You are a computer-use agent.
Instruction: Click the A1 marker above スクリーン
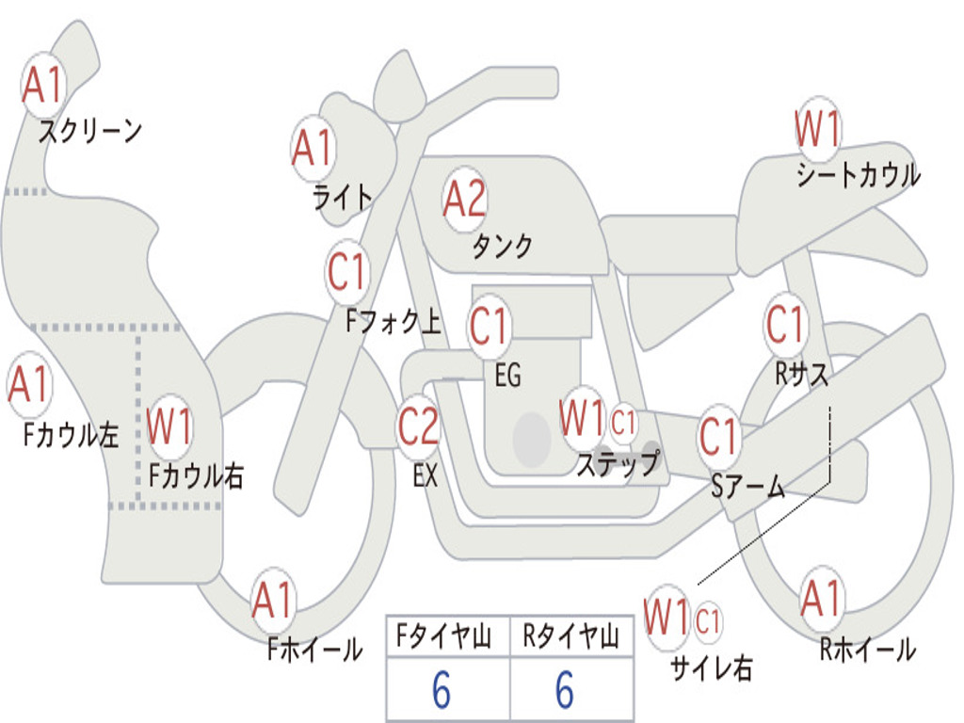point(43,85)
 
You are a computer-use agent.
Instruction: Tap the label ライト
point(343,198)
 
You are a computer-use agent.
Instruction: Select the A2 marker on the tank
point(465,199)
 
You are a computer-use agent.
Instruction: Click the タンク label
point(502,246)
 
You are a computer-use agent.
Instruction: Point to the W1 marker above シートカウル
point(818,128)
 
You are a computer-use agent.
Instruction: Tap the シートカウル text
point(859,175)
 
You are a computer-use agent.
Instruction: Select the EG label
point(507,375)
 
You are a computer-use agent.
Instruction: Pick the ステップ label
point(618,463)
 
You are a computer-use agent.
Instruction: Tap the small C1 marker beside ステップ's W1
point(623,423)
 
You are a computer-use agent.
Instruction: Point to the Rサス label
point(801,374)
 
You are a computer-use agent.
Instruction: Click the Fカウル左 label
point(71,435)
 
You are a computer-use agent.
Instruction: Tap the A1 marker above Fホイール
point(273,600)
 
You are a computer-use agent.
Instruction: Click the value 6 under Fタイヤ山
point(442,690)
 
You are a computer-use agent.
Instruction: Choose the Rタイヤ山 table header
point(571,636)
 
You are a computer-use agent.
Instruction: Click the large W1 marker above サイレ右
point(667,617)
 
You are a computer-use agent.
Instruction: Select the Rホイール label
point(868,650)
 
